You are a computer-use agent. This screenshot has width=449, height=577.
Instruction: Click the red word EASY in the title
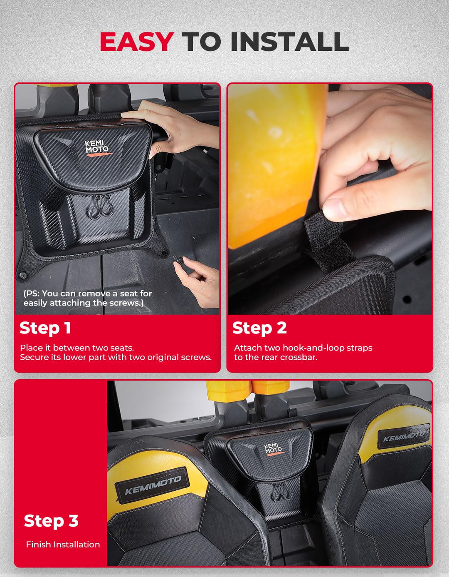tap(136, 42)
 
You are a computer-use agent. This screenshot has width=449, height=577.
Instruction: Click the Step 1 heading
tap(45, 328)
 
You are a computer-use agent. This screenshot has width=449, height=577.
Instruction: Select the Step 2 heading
tap(259, 328)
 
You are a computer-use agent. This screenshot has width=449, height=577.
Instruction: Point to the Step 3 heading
tap(51, 521)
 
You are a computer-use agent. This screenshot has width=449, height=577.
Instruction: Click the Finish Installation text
tap(63, 545)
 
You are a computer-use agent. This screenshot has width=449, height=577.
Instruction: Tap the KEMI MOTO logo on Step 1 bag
tap(97, 148)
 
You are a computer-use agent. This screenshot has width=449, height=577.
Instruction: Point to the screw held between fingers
tap(180, 260)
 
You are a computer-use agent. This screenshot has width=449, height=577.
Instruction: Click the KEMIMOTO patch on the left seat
tap(153, 485)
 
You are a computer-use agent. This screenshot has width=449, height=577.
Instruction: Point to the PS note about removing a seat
tap(87, 298)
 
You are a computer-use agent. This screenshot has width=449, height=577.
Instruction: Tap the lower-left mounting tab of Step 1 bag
tap(23, 275)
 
